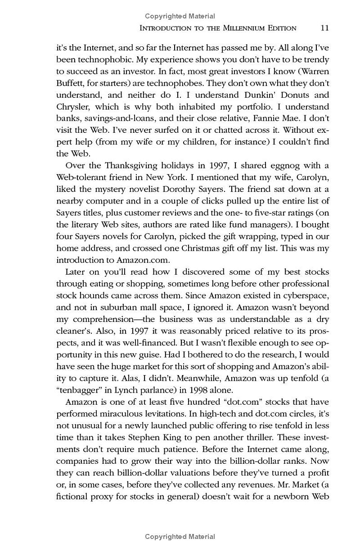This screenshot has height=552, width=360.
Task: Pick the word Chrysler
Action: tap(72, 107)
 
